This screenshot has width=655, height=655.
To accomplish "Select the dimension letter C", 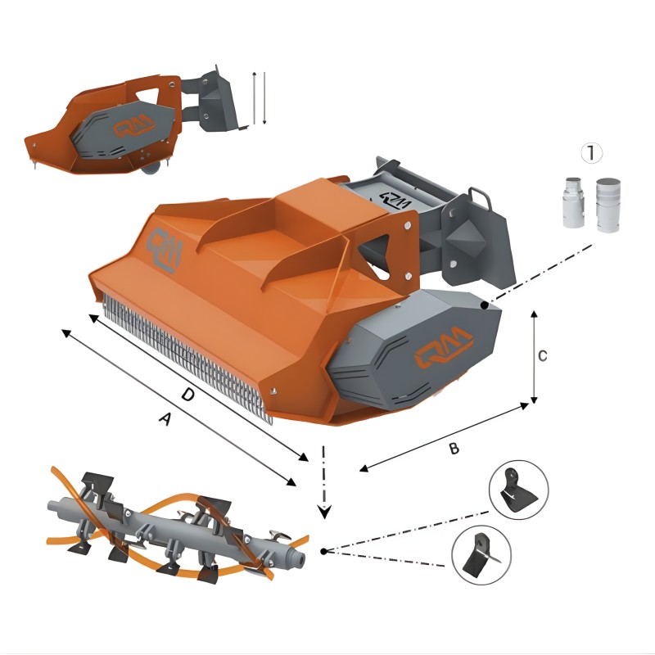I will pos(542,355).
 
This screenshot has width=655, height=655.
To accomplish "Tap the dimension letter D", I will pos(187,395).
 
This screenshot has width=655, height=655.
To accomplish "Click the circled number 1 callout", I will pos(591,152).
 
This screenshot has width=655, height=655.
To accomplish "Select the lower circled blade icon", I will pos(481,554).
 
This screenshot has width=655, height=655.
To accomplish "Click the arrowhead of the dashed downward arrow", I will pos(325,512).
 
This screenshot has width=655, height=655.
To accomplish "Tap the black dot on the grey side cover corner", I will pos(486,305).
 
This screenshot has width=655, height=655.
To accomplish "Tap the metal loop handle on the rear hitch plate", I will pos(479,197).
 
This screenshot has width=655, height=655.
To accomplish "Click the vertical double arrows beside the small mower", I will pos(260,97).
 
